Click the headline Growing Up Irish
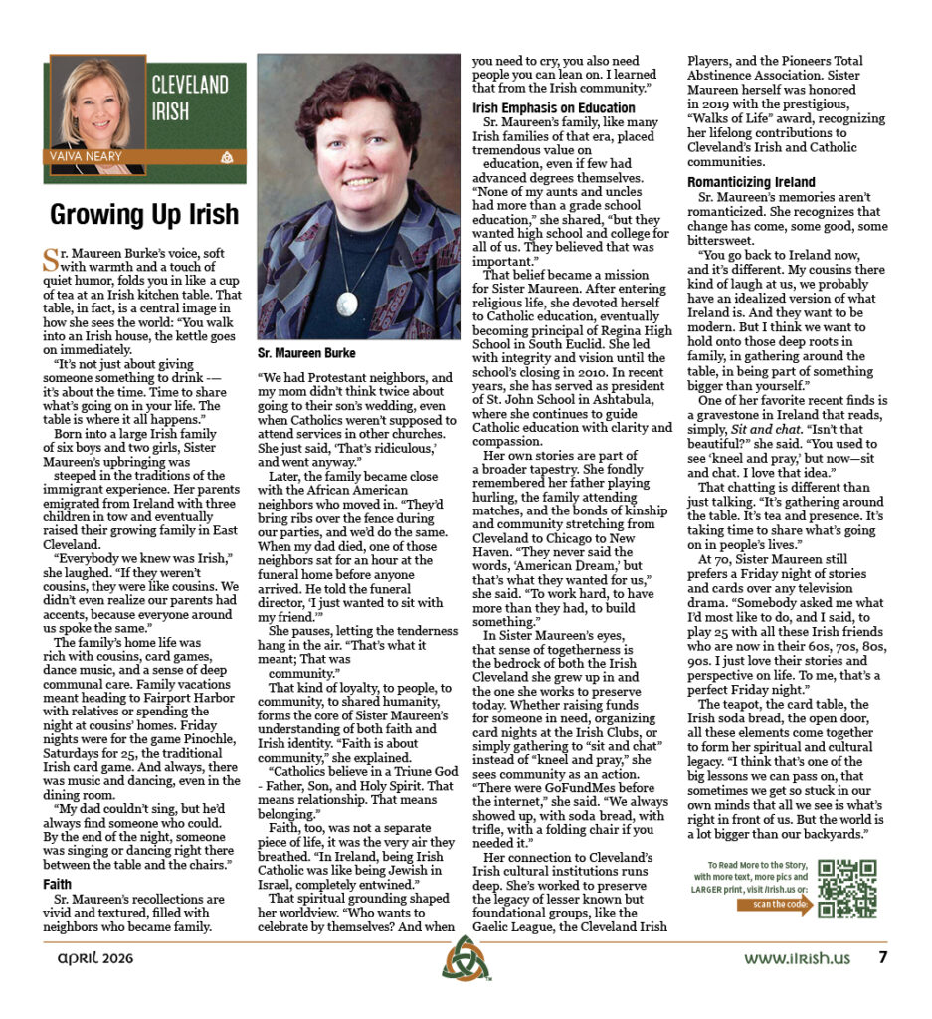tap(144, 214)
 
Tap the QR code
tap(846, 889)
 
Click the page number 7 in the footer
tap(881, 959)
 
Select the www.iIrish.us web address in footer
tap(798, 959)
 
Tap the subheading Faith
tap(57, 884)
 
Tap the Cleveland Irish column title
tap(190, 98)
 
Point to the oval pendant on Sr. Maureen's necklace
tap(347, 303)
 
